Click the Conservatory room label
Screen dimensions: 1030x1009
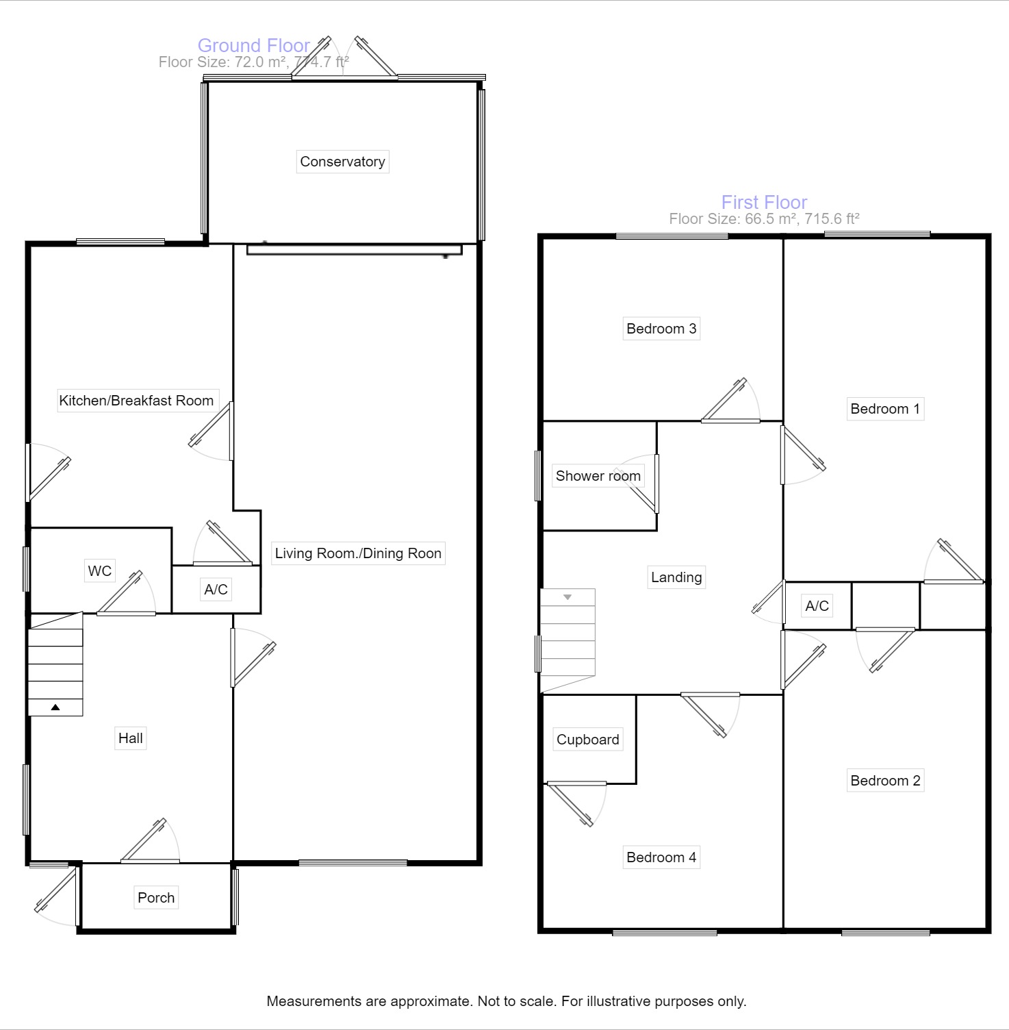point(342,162)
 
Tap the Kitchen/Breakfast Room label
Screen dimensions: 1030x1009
point(136,401)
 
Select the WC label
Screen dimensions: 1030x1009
point(99,570)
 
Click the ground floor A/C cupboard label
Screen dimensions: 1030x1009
point(216,589)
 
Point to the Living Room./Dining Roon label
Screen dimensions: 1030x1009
point(358,553)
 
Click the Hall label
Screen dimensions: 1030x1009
point(130,738)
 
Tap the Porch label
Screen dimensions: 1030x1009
point(156,898)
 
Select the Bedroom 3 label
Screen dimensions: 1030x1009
point(661,329)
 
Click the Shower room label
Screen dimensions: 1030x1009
point(598,476)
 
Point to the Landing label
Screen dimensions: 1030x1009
point(676,577)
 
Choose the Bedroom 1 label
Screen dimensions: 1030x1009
point(885,409)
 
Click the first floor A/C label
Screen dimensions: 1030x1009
point(817,606)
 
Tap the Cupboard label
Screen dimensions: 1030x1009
point(587,740)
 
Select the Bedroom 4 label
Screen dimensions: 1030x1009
point(661,857)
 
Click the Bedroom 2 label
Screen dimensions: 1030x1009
point(885,781)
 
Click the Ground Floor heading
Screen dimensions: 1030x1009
point(253,45)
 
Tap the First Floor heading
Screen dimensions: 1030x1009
point(764,202)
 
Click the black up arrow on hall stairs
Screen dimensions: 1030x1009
point(55,707)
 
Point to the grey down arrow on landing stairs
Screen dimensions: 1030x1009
point(567,597)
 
